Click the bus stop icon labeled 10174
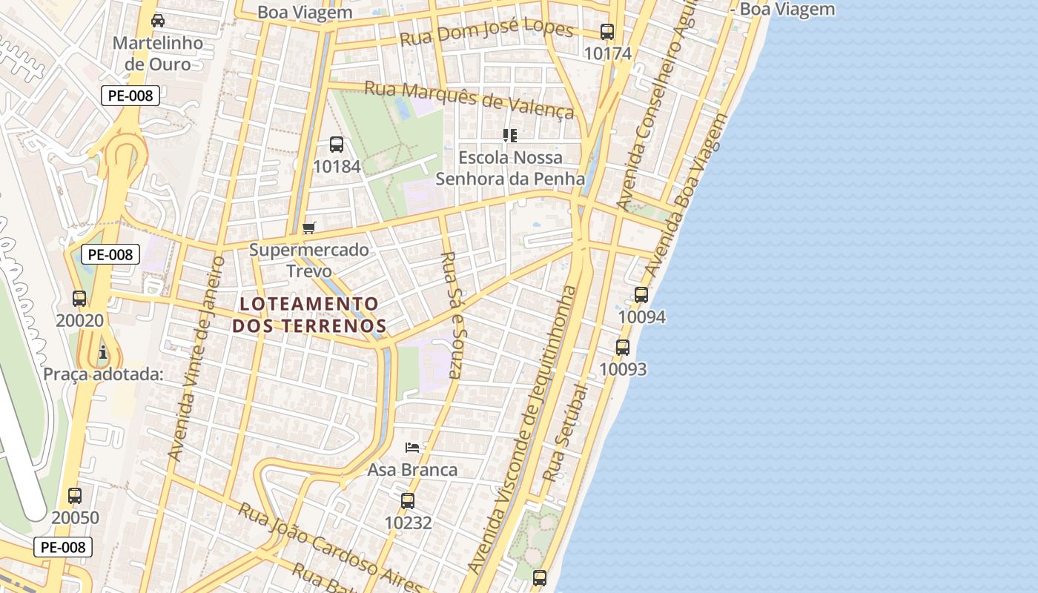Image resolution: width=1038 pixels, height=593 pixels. pos(607,32)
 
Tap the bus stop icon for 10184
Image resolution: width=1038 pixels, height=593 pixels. pos(337,145)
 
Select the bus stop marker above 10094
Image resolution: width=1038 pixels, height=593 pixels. pos(641,295)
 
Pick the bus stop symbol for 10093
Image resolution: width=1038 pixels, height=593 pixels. pos(623,347)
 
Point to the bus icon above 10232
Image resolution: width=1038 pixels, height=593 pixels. pos(408,501)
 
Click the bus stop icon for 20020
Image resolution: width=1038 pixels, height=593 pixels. pos(79,299)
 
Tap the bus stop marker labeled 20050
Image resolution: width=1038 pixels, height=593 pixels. pos(75,496)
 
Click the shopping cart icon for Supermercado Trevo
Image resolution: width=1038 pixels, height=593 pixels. pos(309,228)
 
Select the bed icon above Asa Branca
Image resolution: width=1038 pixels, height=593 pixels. pos(413,447)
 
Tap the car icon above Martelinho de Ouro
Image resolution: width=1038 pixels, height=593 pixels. pos(157,21)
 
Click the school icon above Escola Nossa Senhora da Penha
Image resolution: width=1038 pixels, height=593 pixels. pos(509,136)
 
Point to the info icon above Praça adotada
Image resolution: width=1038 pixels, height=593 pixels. pos(103,352)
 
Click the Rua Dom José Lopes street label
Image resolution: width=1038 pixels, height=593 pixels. pos(486,33)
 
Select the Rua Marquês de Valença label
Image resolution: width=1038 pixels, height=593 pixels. pos(470,99)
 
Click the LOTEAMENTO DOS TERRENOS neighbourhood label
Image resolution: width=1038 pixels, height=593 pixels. pos(309,314)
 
